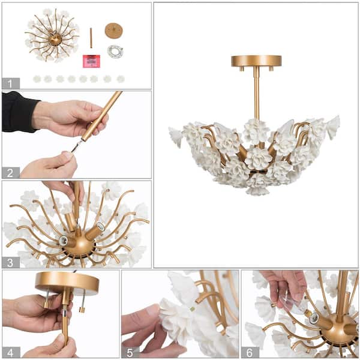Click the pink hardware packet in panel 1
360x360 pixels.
point(91,61)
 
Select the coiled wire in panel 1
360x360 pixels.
point(115,52)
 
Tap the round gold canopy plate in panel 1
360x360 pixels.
point(113,31)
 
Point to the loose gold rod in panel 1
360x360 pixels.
point(91,38)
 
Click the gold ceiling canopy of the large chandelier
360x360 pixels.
point(256,61)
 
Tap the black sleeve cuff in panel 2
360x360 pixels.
point(19,112)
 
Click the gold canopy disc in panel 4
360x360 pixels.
point(67,281)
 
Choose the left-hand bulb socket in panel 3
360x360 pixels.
point(64,241)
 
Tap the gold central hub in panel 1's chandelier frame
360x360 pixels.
point(55,39)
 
